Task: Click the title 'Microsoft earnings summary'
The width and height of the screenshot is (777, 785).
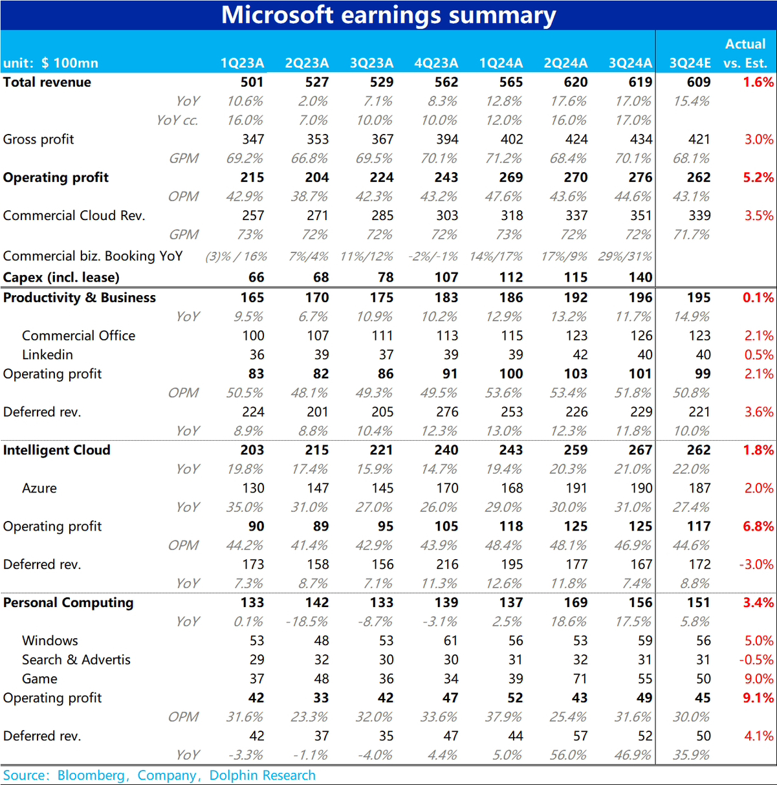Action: click(x=388, y=16)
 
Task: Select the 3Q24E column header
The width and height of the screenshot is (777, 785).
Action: click(x=690, y=63)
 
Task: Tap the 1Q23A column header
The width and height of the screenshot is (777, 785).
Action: click(x=242, y=63)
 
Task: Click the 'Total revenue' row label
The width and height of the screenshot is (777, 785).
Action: click(x=47, y=82)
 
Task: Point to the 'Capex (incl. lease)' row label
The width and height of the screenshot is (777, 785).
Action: click(x=61, y=278)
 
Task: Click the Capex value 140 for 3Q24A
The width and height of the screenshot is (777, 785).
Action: click(x=640, y=278)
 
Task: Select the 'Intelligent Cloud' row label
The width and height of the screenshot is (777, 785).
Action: click(x=57, y=450)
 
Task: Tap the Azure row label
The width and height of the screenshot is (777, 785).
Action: click(x=39, y=489)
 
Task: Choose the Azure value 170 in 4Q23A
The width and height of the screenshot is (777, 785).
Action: click(x=446, y=489)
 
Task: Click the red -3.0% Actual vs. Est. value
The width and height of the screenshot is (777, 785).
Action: click(x=756, y=565)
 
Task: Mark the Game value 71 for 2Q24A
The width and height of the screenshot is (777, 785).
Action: click(x=580, y=679)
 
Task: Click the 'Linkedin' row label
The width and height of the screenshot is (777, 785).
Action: click(x=47, y=355)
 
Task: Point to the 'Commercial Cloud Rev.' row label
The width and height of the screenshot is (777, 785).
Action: click(x=74, y=216)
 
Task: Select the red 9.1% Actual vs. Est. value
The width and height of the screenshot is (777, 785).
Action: click(x=758, y=698)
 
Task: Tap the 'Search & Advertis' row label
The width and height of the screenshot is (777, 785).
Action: click(x=76, y=660)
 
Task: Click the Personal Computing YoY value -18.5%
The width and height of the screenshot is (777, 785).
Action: click(x=307, y=622)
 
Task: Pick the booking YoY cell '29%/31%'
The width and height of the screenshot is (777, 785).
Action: click(x=625, y=256)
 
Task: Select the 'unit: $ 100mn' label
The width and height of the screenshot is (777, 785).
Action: click(x=50, y=63)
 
